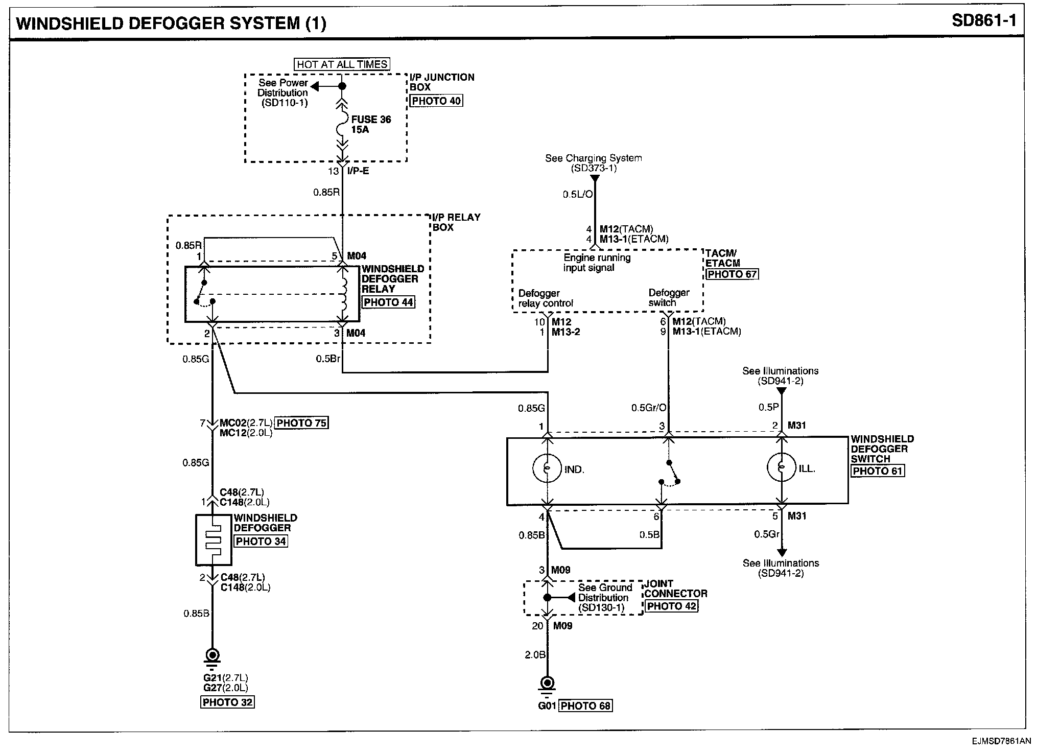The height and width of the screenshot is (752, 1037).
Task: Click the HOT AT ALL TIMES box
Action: (342, 64)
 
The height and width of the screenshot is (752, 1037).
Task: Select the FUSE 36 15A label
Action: (371, 124)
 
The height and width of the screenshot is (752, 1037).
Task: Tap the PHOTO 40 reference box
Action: (436, 101)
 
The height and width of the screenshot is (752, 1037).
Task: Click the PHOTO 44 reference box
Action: (388, 302)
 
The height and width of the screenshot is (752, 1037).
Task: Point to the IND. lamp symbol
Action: (547, 468)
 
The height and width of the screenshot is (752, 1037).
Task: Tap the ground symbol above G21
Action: (213, 657)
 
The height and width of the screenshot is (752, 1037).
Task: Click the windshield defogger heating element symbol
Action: (214, 540)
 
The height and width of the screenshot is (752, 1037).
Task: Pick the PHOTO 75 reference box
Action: (301, 423)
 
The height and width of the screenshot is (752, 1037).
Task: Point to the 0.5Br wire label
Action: (328, 359)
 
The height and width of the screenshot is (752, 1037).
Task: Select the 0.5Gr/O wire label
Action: (649, 408)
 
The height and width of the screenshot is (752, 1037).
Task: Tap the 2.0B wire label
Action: (535, 654)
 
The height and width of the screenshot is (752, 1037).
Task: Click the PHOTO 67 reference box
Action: (733, 274)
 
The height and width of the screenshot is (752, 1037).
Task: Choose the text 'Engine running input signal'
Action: (597, 263)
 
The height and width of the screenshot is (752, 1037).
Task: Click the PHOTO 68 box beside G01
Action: (586, 706)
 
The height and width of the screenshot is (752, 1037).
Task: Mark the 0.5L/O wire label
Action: (578, 195)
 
